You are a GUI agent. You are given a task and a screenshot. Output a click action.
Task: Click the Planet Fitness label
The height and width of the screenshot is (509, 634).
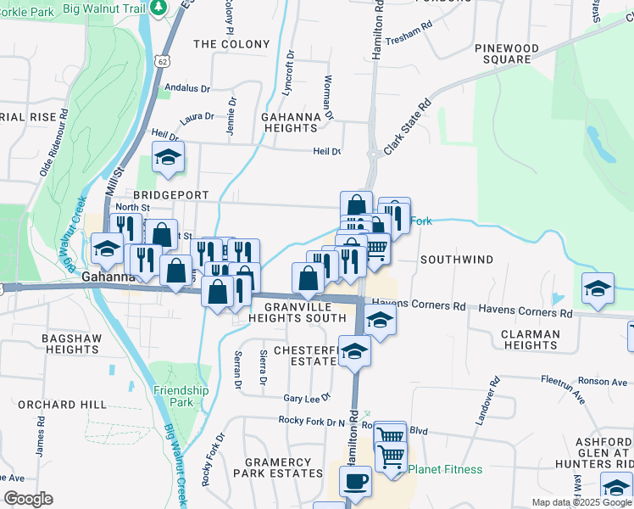click(445, 469)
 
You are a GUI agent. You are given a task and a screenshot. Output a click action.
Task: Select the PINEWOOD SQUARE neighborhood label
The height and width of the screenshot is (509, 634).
click(507, 53)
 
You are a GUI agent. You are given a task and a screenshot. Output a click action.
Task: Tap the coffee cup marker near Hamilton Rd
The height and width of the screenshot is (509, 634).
click(355, 481)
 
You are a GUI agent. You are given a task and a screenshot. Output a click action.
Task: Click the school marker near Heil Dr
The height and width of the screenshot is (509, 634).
click(168, 157)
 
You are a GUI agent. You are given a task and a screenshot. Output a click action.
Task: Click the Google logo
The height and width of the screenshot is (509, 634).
click(28, 498)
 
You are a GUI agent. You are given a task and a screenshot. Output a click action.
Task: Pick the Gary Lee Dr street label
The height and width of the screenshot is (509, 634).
click(306, 398)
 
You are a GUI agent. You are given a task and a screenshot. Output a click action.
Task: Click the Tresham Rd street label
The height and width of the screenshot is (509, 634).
click(409, 40)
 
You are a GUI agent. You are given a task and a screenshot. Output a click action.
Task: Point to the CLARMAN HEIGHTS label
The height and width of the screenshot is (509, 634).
click(530, 339)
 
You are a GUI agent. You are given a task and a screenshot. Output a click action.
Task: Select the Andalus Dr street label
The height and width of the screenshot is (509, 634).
click(186, 87)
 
